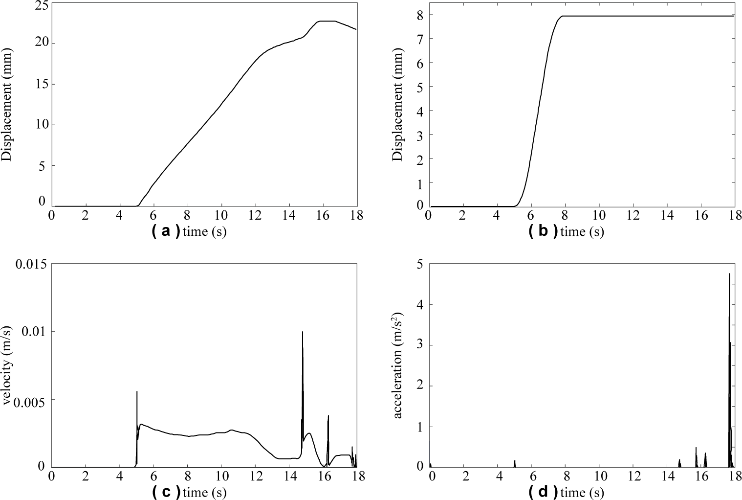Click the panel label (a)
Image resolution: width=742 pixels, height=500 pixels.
(166, 231)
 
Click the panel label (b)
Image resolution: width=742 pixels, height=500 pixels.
(543, 231)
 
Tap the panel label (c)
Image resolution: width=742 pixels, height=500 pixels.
(166, 492)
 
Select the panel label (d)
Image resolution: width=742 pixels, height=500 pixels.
(543, 492)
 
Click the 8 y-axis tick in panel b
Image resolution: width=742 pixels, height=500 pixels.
(419, 15)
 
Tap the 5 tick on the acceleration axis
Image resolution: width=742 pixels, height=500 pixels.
(419, 264)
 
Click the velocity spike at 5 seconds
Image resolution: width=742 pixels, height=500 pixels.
(137, 393)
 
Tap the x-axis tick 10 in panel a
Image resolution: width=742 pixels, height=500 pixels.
(221, 216)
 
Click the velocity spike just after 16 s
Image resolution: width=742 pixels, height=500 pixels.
(328, 417)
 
